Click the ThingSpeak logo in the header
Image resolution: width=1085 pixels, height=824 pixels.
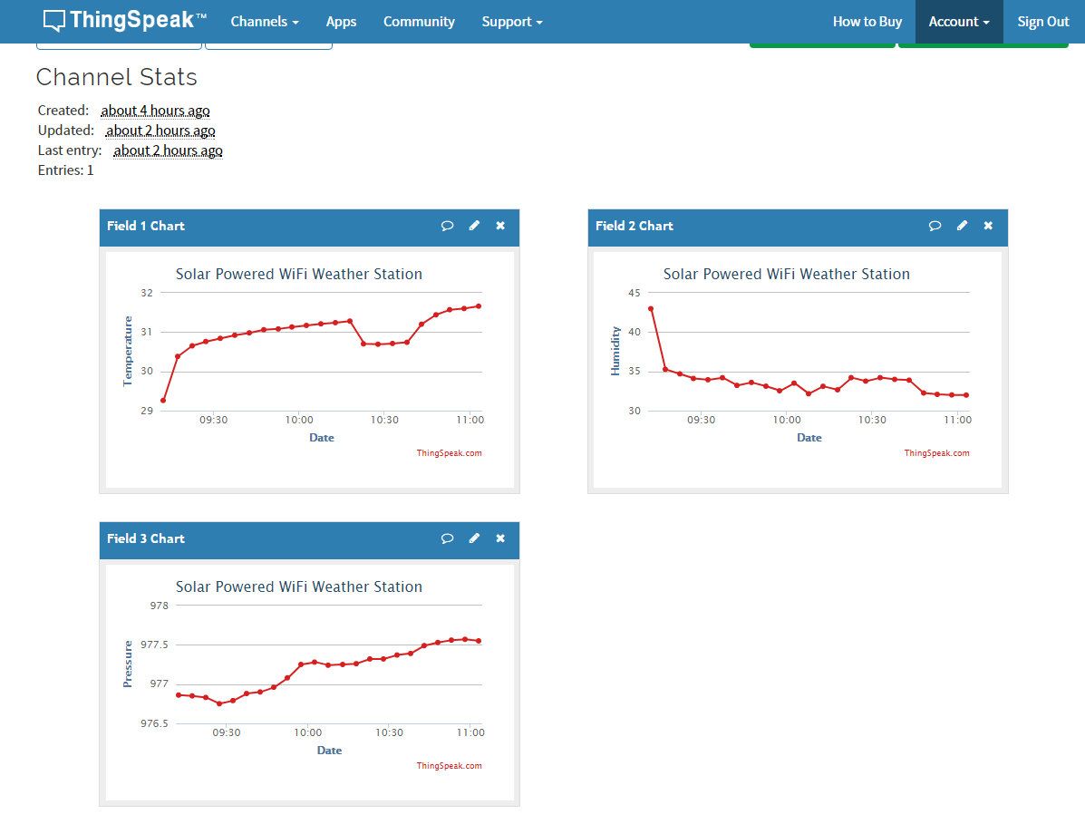tap(124, 21)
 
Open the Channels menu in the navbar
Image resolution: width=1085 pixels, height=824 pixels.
tap(265, 22)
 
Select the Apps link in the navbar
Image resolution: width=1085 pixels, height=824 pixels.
tap(341, 22)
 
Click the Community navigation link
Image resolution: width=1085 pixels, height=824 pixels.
tap(419, 22)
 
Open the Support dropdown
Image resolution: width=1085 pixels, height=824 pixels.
tap(512, 22)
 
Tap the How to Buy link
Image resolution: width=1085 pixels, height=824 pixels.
tap(867, 22)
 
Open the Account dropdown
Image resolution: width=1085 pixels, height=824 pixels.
tap(959, 22)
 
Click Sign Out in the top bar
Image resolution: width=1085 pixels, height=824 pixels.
tap(1043, 22)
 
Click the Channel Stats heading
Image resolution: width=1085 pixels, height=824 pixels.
tap(117, 78)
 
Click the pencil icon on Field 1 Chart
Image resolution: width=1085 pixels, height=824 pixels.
tap(474, 226)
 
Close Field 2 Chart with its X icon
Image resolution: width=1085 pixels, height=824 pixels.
tap(988, 226)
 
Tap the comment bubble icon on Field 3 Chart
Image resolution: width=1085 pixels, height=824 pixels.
tap(447, 538)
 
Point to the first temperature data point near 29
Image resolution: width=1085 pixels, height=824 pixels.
tap(163, 400)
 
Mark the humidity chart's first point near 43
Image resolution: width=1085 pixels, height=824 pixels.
tap(651, 309)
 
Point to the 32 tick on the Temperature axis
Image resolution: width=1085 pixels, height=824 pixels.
tap(147, 293)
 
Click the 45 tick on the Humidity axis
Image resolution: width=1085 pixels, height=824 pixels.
tap(634, 293)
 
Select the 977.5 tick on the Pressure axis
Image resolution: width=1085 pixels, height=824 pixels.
tap(153, 645)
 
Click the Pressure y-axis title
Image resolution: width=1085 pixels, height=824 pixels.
tap(128, 664)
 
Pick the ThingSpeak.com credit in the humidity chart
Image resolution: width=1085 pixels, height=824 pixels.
tap(936, 453)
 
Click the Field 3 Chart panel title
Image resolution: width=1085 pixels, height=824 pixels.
tap(146, 538)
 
